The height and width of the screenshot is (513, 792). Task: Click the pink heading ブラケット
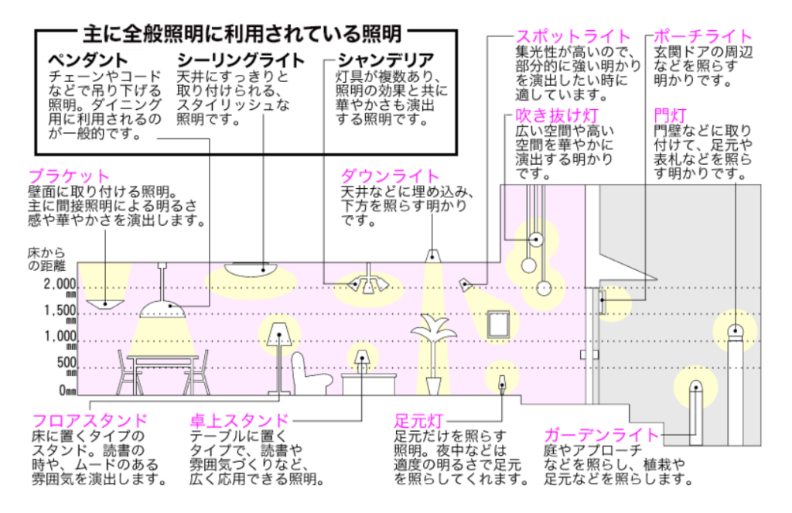coord(69,176)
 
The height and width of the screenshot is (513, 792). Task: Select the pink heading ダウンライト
coord(390,176)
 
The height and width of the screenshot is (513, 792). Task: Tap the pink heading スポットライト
coord(573,37)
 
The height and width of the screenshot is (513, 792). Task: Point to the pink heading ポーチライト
coord(703,37)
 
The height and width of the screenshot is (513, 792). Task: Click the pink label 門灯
coord(671,115)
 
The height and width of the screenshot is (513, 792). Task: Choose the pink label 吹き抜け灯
coord(557,115)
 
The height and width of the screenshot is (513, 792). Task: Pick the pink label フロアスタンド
coord(90,420)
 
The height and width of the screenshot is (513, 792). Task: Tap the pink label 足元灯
coord(418,420)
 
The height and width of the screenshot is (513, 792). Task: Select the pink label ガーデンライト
coord(602,435)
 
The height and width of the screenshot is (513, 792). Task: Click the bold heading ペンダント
coord(88,60)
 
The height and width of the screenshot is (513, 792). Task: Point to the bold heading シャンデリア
coord(386,60)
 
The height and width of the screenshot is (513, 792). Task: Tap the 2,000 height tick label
coord(60,284)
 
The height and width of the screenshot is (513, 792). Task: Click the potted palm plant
coord(433,354)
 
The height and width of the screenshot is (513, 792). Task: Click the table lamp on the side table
coord(362,361)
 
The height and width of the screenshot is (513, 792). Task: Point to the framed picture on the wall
coord(497,324)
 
